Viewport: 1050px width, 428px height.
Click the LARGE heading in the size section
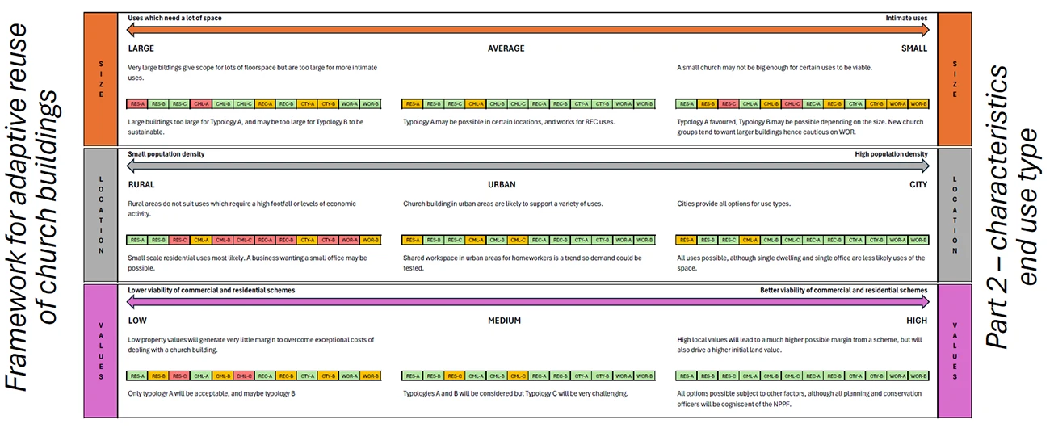click(141, 48)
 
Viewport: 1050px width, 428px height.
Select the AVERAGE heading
click(506, 48)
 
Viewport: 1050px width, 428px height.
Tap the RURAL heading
click(141, 185)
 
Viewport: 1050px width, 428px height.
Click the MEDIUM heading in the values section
click(504, 321)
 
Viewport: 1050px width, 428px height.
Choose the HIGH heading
click(917, 321)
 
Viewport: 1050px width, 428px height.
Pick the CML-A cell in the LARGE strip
click(201, 104)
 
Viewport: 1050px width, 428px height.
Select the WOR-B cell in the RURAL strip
click(370, 240)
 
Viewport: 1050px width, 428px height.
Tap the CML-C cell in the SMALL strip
click(792, 104)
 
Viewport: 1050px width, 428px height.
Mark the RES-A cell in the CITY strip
click(687, 240)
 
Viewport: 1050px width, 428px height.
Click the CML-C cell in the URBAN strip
click(518, 240)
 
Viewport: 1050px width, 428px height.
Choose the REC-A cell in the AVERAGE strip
click(539, 104)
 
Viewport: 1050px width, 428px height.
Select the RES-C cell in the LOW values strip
click(180, 376)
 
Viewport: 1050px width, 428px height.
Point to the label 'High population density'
click(891, 154)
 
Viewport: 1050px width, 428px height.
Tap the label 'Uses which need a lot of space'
click(174, 18)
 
